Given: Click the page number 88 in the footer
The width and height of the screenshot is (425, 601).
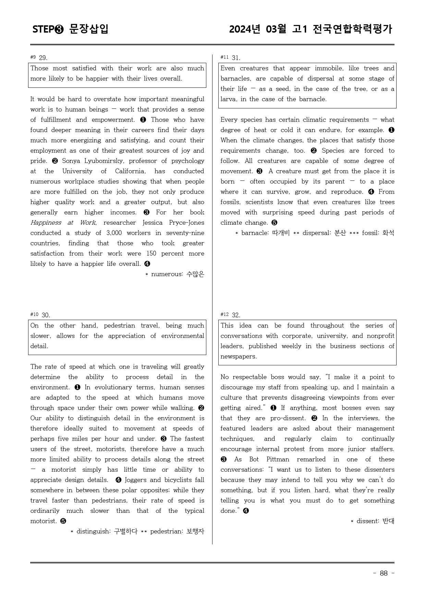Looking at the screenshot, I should [x=384, y=573].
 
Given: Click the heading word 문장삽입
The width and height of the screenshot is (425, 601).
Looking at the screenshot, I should [x=89, y=29].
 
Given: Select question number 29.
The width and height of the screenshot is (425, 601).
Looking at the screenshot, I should [x=43, y=58].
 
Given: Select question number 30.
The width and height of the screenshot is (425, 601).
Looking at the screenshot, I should [x=46, y=315].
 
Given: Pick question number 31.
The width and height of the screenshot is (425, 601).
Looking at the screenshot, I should [x=236, y=58].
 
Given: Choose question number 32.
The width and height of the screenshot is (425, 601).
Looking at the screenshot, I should [x=236, y=315].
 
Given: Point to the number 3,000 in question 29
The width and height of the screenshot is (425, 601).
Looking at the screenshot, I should [x=114, y=233].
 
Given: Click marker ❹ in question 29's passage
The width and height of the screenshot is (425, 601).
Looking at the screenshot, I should [x=147, y=264].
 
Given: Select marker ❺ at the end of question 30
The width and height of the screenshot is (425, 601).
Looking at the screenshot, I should [x=63, y=521].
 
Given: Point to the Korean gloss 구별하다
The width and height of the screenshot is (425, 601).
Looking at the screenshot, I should [x=125, y=531].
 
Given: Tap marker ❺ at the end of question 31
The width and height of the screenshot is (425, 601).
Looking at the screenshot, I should [x=274, y=223].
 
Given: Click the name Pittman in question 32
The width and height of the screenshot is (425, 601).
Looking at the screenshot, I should [x=278, y=459].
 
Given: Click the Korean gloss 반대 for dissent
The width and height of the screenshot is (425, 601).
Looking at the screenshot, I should [x=388, y=521].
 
